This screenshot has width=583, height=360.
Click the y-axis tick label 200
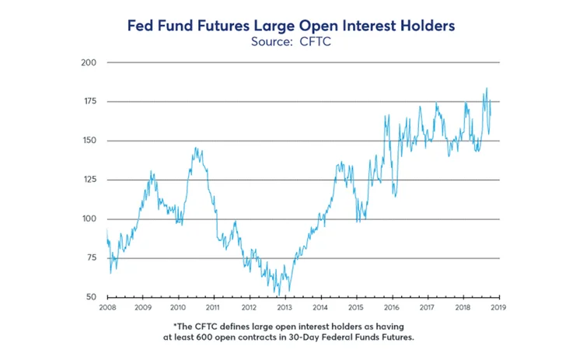tap(89, 62)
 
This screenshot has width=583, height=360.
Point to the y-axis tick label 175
tap(89, 101)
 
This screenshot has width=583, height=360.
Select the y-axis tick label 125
tap(89, 180)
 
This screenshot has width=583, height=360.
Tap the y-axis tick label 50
tap(92, 297)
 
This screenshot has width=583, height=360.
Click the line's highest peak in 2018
tap(487, 89)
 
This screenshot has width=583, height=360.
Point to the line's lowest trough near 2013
tap(278, 295)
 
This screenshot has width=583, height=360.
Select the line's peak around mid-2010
tap(196, 148)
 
